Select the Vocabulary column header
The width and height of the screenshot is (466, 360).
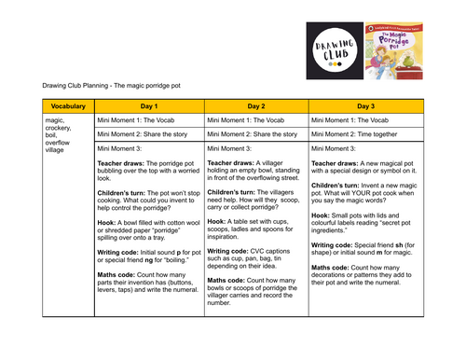(x=68, y=107)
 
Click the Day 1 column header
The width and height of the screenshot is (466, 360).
(x=148, y=107)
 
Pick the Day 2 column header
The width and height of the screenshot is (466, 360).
(x=256, y=107)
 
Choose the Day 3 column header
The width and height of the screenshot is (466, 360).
(x=365, y=107)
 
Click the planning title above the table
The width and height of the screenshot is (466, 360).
(x=114, y=86)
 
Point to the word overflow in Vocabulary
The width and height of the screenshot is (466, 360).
(x=59, y=141)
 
